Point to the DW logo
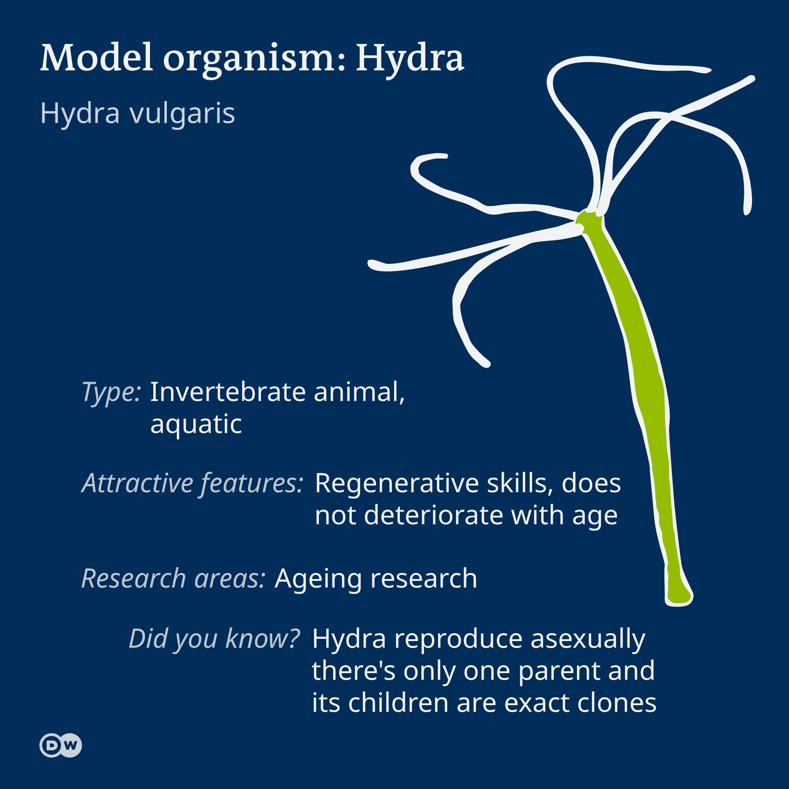click(61, 745)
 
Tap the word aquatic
click(196, 425)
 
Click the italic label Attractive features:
click(192, 484)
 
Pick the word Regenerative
click(397, 484)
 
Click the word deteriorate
click(434, 515)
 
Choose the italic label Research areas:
click(173, 579)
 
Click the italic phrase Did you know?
click(215, 639)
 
